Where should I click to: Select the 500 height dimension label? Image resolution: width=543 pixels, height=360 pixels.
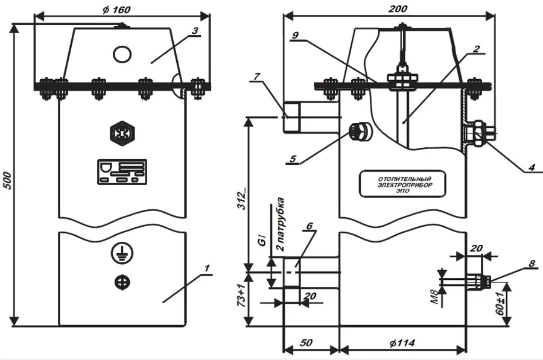tap(7, 180)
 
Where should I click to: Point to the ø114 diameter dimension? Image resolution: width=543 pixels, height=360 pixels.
tap(402, 343)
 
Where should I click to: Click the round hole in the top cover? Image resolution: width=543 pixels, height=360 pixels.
tap(122, 54)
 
